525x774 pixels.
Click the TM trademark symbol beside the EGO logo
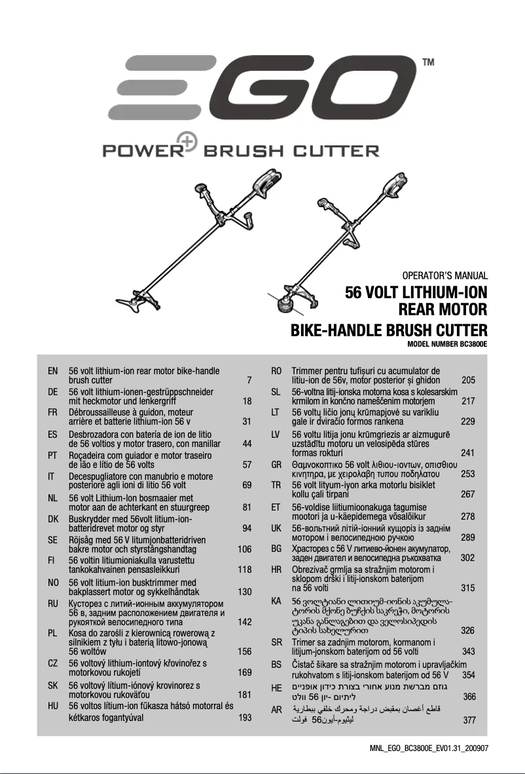click(x=429, y=63)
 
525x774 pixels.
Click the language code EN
click(x=53, y=371)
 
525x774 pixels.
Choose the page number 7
click(x=249, y=380)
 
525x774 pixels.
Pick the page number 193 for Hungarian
click(x=244, y=718)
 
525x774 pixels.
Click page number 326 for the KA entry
click(x=467, y=630)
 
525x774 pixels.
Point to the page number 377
click(x=469, y=721)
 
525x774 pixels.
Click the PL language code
click(x=53, y=633)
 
